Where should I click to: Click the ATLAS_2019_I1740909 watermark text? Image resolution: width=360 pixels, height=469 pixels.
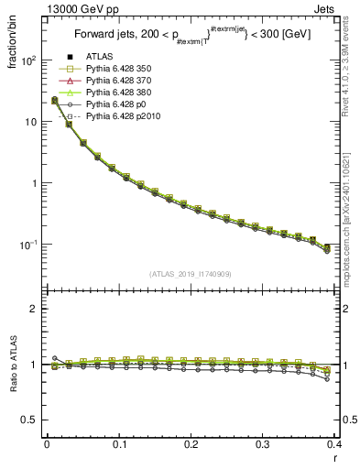(x=191, y=274)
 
